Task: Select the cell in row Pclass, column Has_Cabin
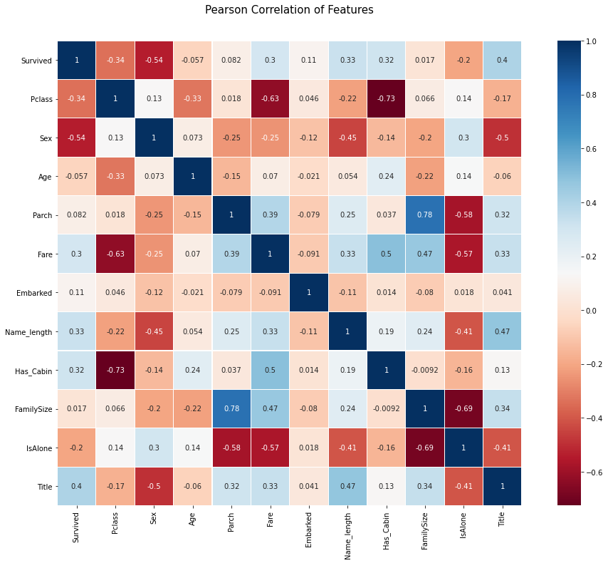click(384, 99)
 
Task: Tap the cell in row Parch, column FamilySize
click(423, 215)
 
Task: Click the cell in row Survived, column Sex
click(153, 61)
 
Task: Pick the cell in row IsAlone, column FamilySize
click(423, 447)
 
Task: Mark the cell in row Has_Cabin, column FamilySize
click(423, 369)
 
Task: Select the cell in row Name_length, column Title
click(500, 331)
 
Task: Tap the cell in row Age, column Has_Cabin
click(384, 177)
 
